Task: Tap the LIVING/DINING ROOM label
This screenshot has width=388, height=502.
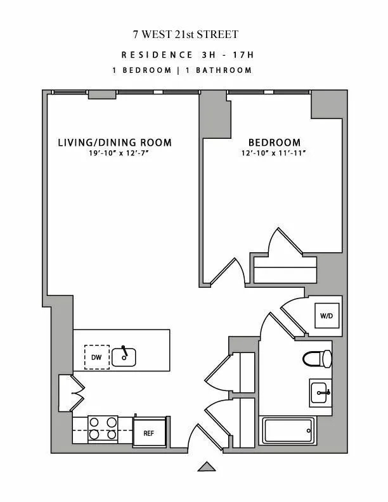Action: (115, 142)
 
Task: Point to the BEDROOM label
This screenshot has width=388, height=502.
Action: (274, 143)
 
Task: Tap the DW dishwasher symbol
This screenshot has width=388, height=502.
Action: (96, 357)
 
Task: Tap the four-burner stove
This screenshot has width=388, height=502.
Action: (102, 428)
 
